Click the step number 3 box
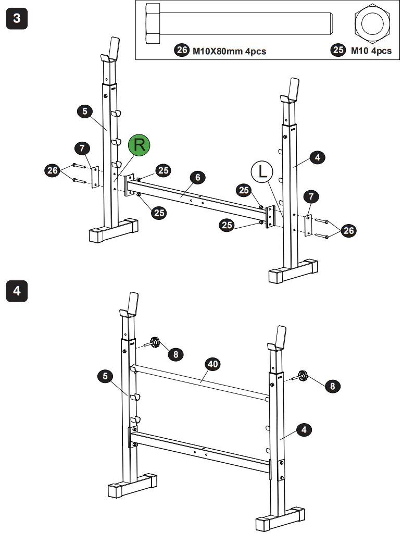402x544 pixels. pyautogui.click(x=17, y=19)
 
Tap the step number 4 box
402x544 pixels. pyautogui.click(x=17, y=290)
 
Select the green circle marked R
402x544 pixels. pyautogui.click(x=139, y=145)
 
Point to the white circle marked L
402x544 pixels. pyautogui.click(x=262, y=171)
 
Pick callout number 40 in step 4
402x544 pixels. pyautogui.click(x=212, y=365)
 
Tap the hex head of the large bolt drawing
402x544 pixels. pyautogui.click(x=153, y=23)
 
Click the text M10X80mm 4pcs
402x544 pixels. pyautogui.click(x=229, y=51)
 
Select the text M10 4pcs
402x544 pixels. pyautogui.click(x=370, y=51)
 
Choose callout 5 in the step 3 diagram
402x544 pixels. pyautogui.click(x=85, y=110)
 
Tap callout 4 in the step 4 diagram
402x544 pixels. pyautogui.click(x=304, y=430)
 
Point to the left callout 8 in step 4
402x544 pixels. pyautogui.click(x=175, y=354)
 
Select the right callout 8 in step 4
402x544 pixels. pyautogui.click(x=331, y=386)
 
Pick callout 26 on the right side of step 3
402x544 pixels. pyautogui.click(x=349, y=230)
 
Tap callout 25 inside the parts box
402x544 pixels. pyautogui.click(x=338, y=51)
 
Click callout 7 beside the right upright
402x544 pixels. pyautogui.click(x=311, y=196)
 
